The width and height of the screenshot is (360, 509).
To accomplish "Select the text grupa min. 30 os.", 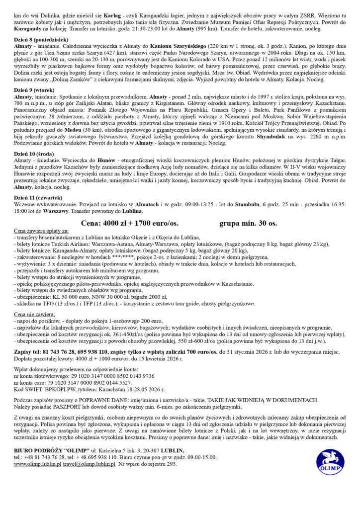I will (x=248, y=223).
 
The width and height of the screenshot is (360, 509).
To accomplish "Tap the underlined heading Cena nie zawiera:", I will (x=35, y=315).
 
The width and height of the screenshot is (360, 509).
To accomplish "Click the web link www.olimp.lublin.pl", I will (x=37, y=464).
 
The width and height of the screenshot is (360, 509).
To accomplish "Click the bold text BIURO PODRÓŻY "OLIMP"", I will (x=51, y=451).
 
